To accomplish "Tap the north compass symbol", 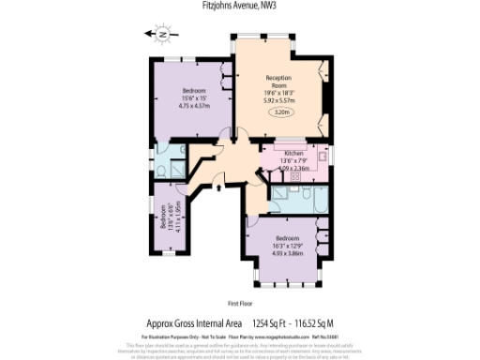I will pos(162,34).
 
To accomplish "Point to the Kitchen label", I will pos(292,153).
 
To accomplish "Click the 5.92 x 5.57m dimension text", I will pos(279,98).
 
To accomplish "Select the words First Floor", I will pos(242,304).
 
